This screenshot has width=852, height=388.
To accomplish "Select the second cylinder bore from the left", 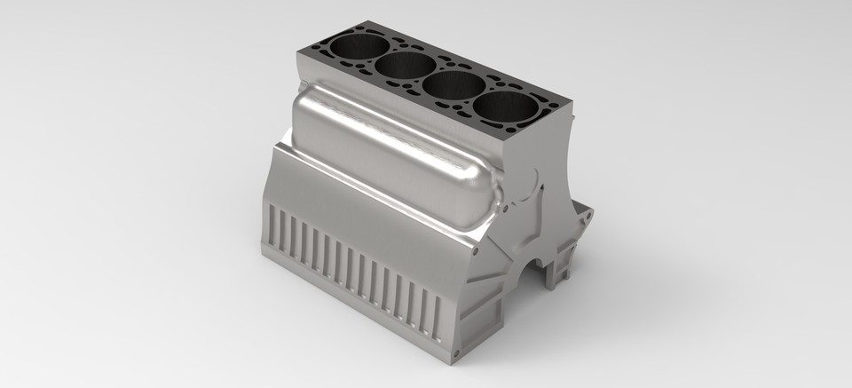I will (x=405, y=64).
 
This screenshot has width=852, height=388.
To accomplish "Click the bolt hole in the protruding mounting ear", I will (x=582, y=214).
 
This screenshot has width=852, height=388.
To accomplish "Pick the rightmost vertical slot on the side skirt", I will (x=438, y=316).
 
